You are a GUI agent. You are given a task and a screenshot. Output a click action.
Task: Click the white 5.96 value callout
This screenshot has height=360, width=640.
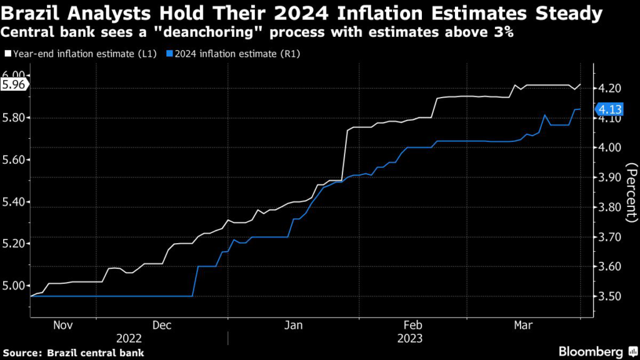coord(13,86)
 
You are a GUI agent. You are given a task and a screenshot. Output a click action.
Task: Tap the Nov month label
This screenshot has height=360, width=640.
coord(64,325)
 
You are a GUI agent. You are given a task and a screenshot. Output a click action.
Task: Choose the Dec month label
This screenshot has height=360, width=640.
coord(161,325)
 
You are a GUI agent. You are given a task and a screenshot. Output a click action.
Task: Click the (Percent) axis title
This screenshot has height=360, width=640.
coord(631,192)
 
